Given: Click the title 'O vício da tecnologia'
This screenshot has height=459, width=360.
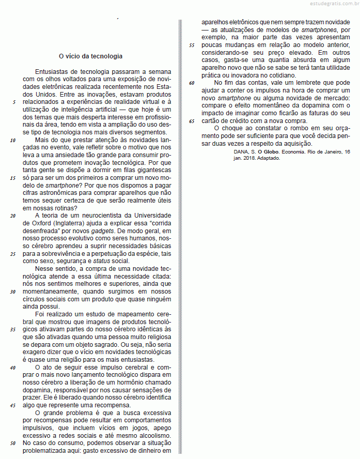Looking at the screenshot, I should coord(90,56).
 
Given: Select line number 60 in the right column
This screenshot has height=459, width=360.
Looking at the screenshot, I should coord(192,83).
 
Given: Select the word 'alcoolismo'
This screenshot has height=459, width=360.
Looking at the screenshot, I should coord(154,435).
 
